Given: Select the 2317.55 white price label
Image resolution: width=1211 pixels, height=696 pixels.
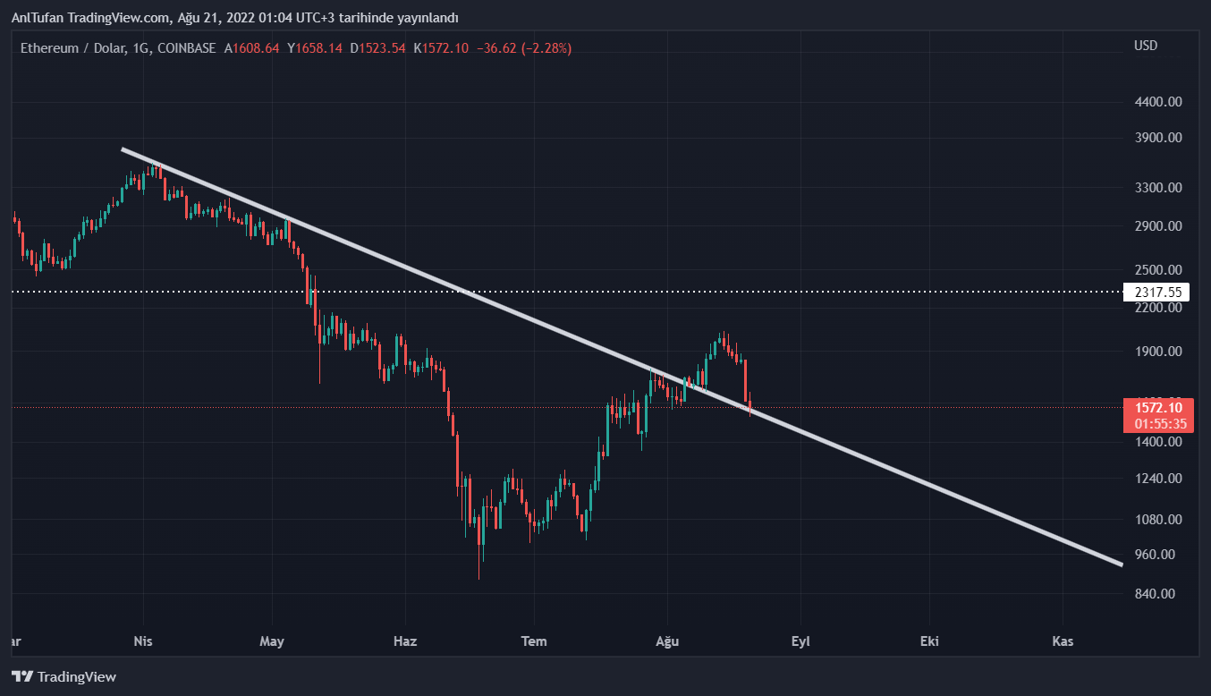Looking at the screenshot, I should [x=1157, y=293].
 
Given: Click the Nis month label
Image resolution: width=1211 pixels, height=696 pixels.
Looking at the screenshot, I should [x=143, y=641].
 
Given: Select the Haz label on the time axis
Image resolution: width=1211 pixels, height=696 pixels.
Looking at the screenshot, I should [x=405, y=641].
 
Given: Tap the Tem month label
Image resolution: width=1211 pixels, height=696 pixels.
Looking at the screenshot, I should [x=534, y=641].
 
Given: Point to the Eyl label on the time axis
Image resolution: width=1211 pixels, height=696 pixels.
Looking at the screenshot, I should [x=800, y=641].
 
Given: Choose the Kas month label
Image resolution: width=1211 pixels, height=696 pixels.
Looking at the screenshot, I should [x=1063, y=641].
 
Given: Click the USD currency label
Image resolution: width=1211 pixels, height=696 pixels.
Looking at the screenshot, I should [x=1146, y=46].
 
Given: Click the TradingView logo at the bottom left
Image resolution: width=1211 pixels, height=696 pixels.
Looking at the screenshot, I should [x=64, y=677].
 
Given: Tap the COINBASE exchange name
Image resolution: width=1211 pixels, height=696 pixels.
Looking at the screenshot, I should [x=186, y=48].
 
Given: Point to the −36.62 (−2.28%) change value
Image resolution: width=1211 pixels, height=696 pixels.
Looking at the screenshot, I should [x=526, y=48].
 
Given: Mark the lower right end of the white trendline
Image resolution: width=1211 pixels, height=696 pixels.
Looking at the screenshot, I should [x=1121, y=564].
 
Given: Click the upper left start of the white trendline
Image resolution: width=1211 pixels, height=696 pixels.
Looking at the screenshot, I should [x=123, y=149].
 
